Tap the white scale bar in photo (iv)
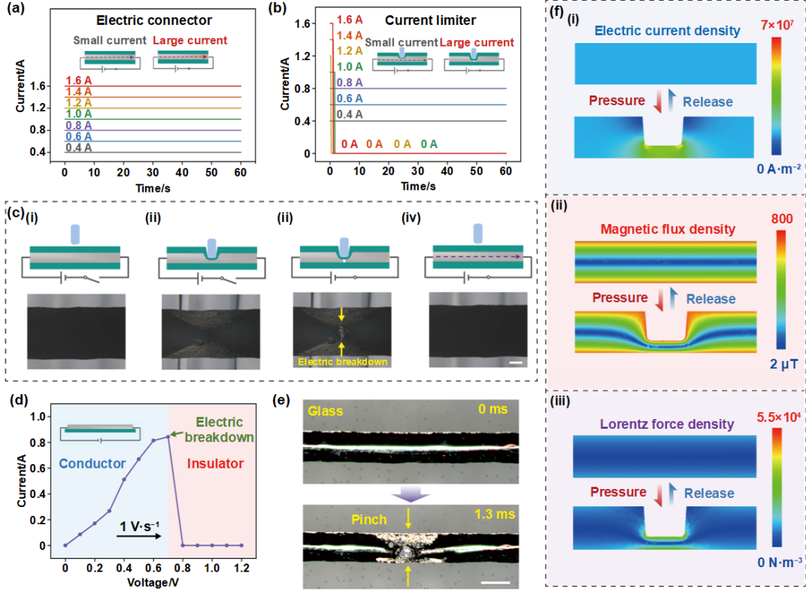pyautogui.click(x=516, y=362)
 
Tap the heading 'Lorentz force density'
pyautogui.click(x=653, y=424)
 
